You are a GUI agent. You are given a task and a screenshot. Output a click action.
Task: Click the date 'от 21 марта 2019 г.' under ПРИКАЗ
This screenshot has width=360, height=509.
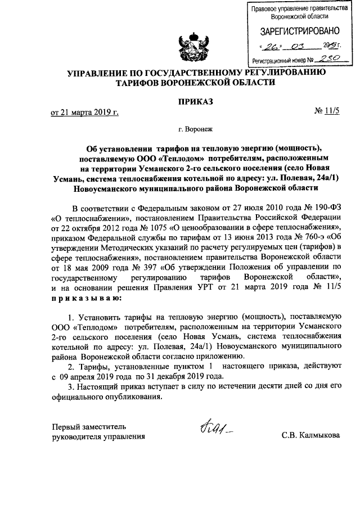click(x=85, y=112)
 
